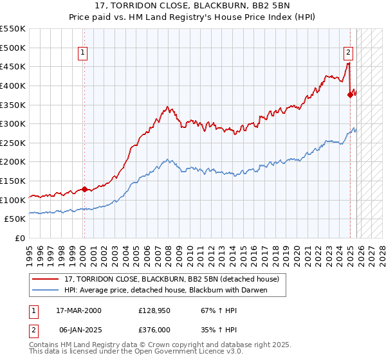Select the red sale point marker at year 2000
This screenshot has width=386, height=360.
pos(84,189)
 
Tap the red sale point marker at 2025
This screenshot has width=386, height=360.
pos(351,94)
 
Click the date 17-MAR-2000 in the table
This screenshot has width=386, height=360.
pos(78,310)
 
